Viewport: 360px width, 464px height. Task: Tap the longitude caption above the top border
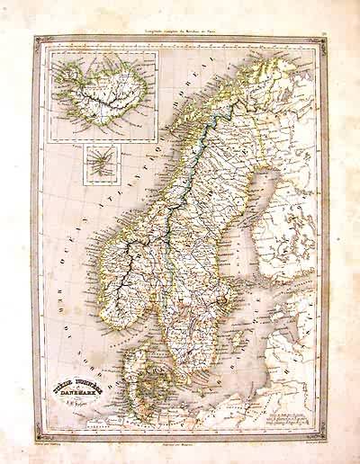click(180, 30)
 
